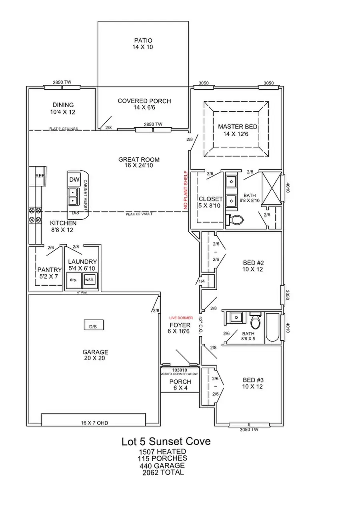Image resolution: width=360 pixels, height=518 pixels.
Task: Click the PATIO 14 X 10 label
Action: coord(143,44)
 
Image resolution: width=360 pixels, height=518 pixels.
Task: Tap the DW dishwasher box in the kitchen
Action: coord(74,180)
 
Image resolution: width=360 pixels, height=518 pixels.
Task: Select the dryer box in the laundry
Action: coord(74,280)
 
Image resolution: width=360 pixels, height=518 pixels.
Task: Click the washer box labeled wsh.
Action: coord(90,280)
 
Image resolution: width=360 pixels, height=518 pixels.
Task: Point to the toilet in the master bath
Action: coord(234,220)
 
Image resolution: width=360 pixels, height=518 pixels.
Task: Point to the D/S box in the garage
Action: coord(93,326)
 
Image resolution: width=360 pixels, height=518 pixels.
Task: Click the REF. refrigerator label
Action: coord(40,176)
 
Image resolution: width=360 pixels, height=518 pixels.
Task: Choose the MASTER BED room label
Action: coord(238,130)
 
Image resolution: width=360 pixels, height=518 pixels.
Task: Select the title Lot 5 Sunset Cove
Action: coord(166,442)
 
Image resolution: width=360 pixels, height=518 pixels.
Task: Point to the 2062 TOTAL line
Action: coord(163,472)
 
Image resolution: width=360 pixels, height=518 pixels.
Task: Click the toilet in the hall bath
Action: coord(255,320)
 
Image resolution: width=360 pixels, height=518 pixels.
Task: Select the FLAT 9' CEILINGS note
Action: coord(63,129)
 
